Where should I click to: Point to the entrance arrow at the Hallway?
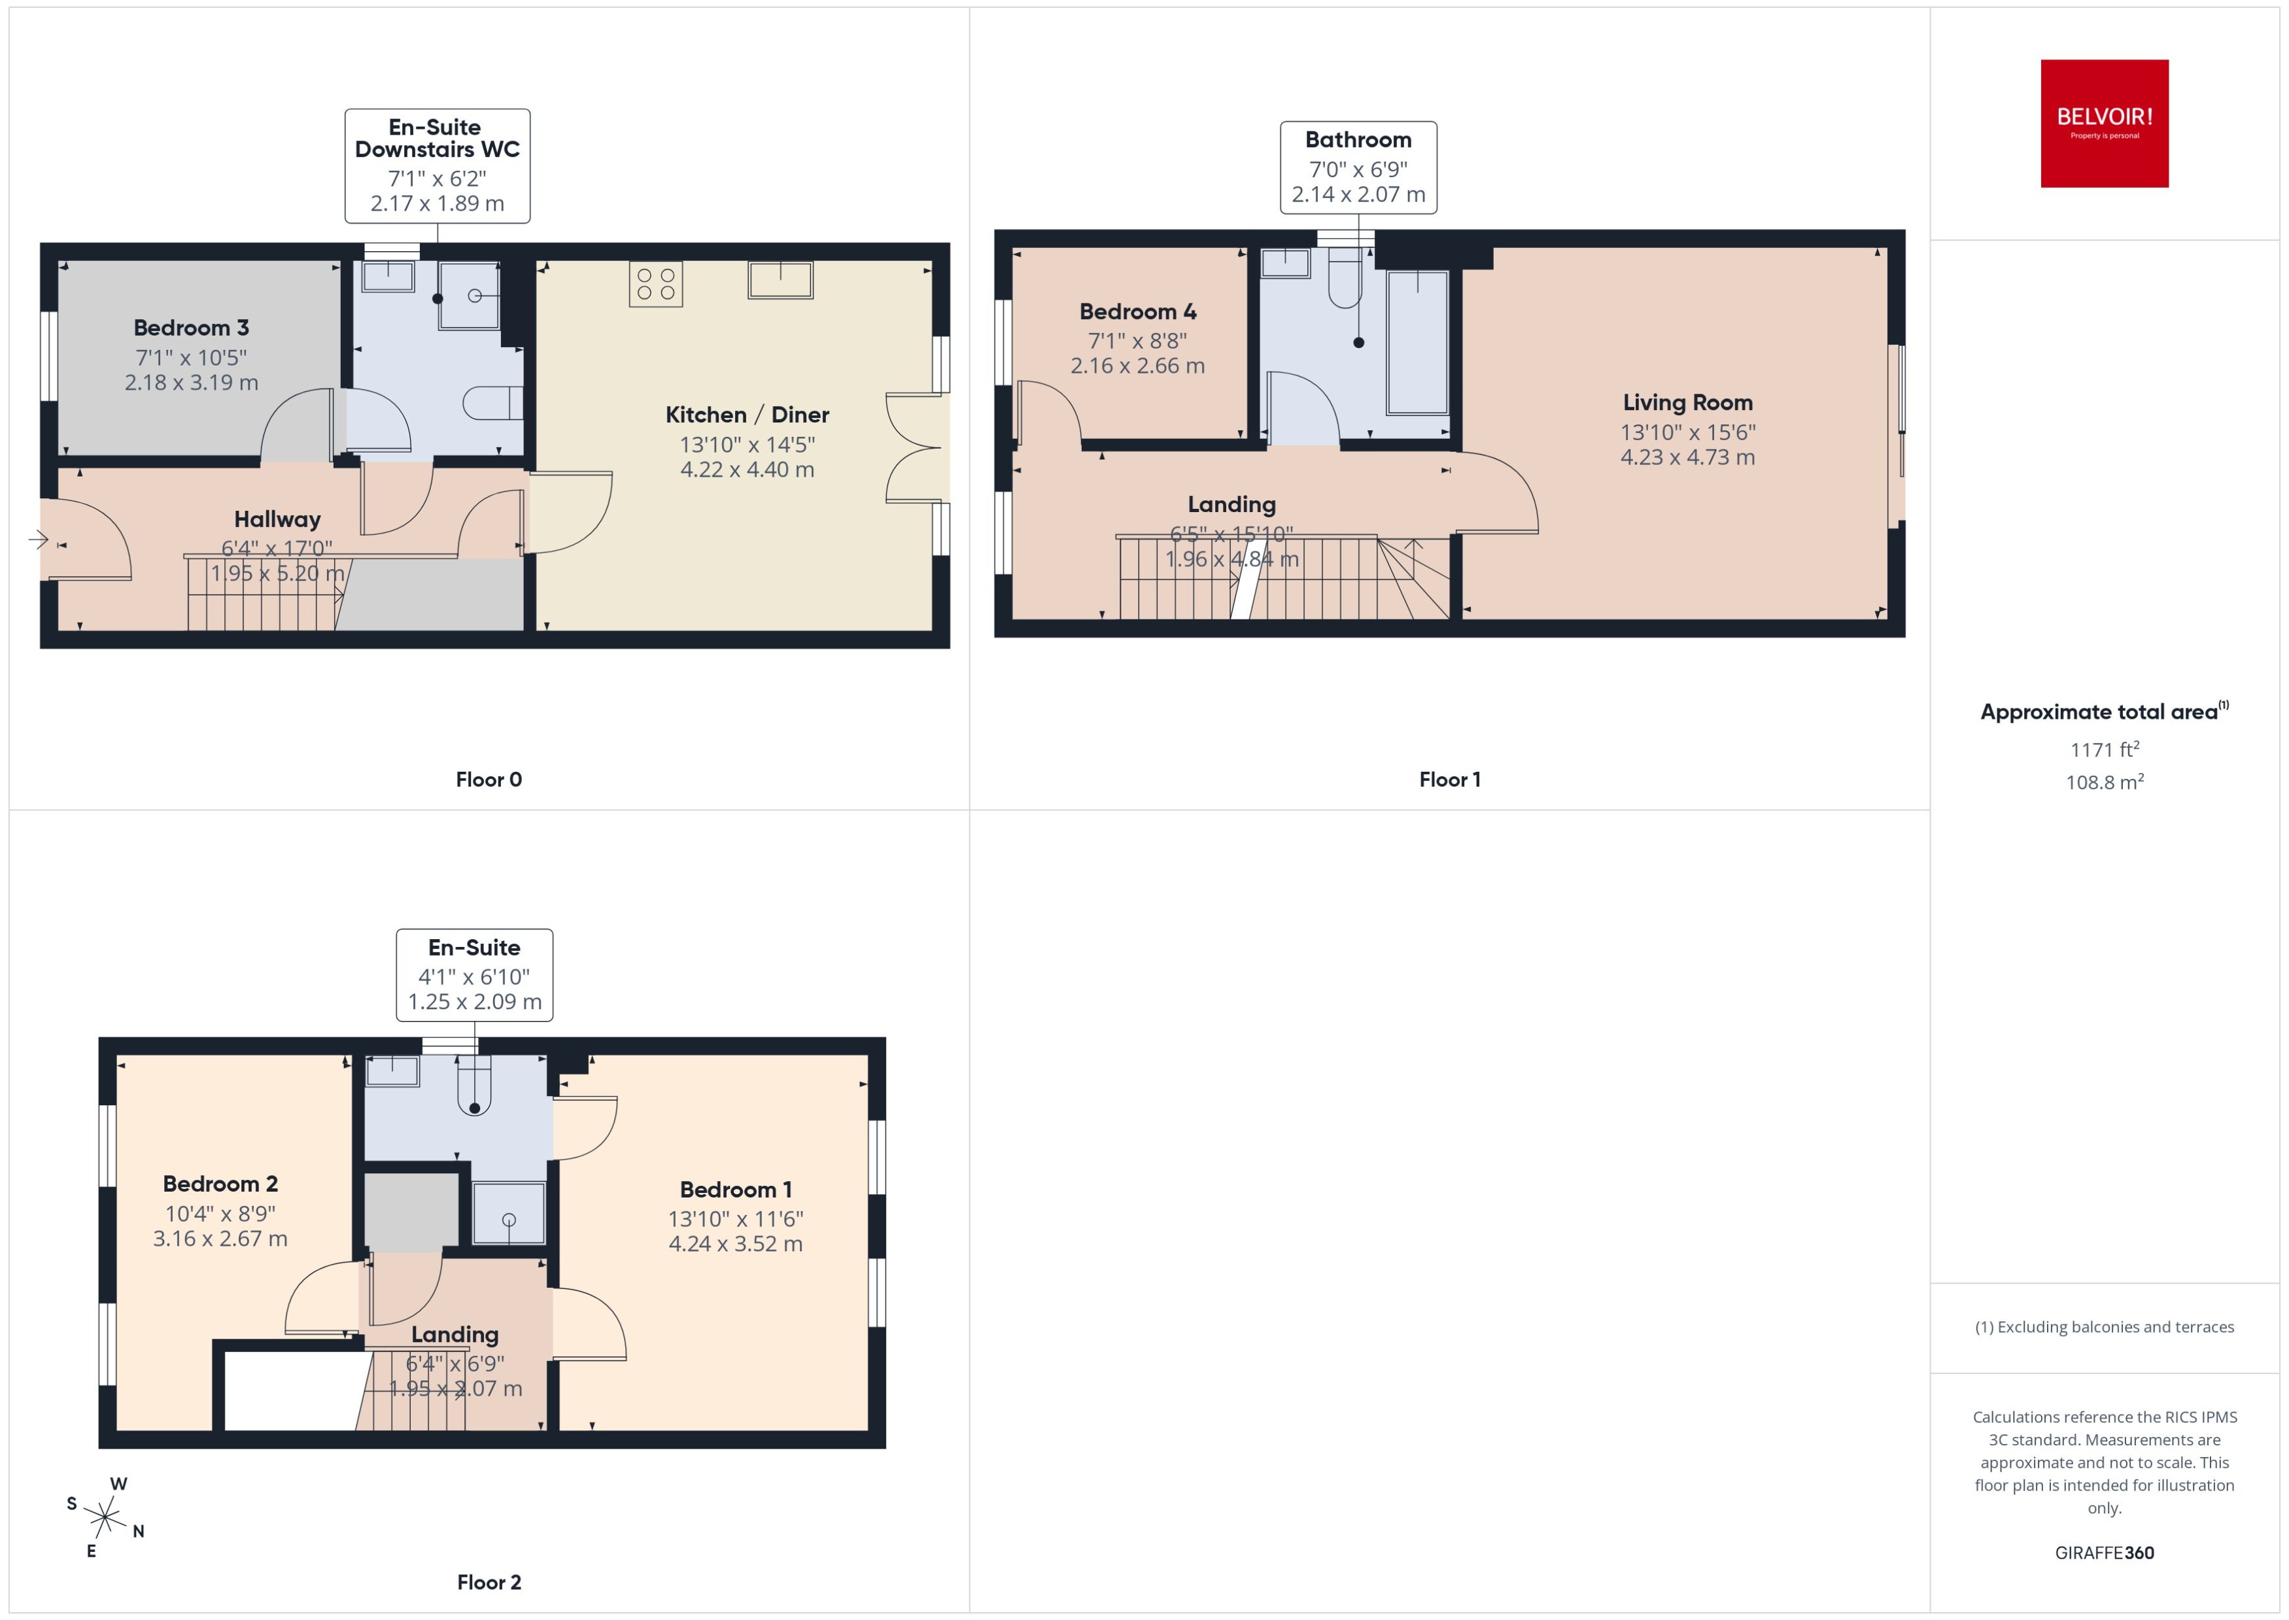[38, 540]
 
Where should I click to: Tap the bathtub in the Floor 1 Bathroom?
[1417, 342]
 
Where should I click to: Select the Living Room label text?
[1687, 403]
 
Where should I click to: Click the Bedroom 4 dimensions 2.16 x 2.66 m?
[1137, 366]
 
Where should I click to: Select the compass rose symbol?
[104, 1518]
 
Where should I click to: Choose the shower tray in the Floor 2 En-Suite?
[509, 1213]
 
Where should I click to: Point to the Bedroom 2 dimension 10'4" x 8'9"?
[220, 1214]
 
